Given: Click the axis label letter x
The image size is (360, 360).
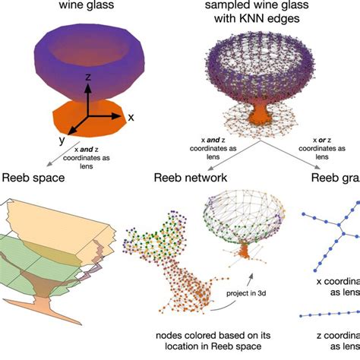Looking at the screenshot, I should point(130,118).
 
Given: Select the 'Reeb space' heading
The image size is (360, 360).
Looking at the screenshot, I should point(33,179).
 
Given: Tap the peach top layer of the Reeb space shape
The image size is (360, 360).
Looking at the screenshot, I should point(53,220).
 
